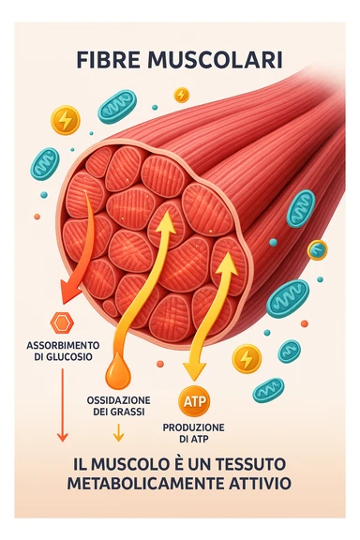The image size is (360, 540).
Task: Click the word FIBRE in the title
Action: pyautogui.click(x=111, y=61)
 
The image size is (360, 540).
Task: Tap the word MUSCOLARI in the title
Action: pyautogui.click(x=213, y=61)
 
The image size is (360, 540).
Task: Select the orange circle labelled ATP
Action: pyautogui.click(x=195, y=401)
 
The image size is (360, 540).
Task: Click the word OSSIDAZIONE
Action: pyautogui.click(x=118, y=399)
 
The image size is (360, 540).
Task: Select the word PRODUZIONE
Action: pyautogui.click(x=195, y=427)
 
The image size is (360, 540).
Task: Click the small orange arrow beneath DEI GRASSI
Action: pyautogui.click(x=118, y=432)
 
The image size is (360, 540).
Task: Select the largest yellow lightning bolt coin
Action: pyautogui.click(x=65, y=120)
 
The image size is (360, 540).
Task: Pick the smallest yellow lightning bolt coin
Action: pyautogui.click(x=182, y=95)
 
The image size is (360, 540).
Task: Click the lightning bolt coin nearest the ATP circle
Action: pyautogui.click(x=247, y=357)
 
